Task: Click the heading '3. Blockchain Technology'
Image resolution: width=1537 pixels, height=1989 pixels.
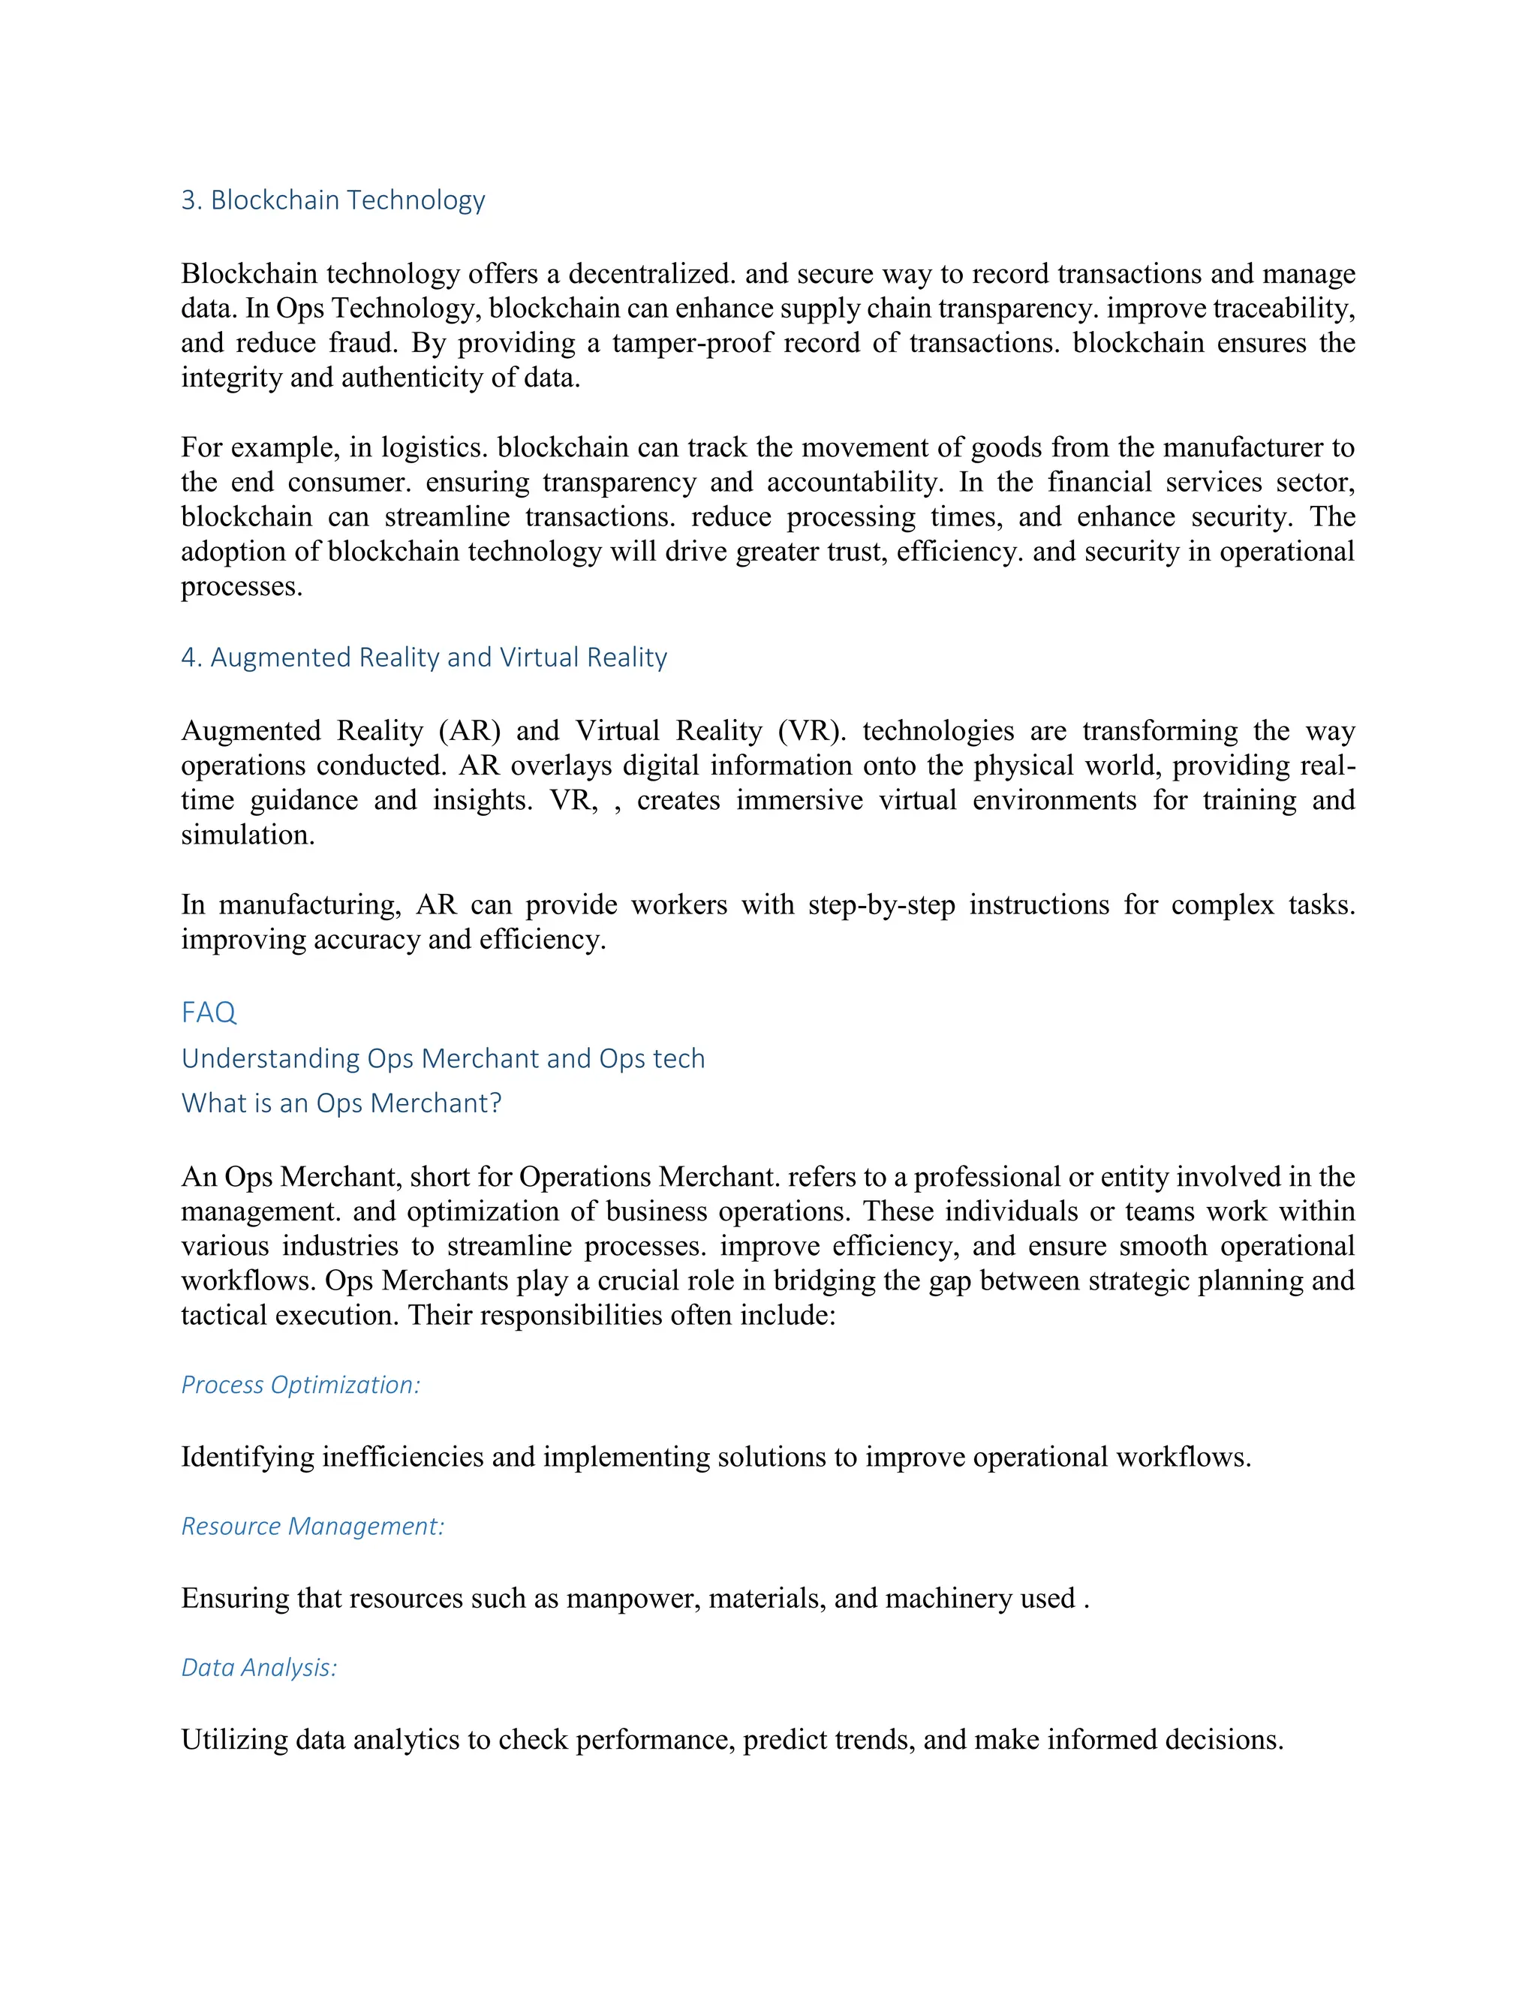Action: click(x=332, y=200)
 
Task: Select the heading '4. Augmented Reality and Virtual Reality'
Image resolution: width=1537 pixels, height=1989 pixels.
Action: click(x=423, y=657)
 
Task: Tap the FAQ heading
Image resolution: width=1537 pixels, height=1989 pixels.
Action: click(x=209, y=1012)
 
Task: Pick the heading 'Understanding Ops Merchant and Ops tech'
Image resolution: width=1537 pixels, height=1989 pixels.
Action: click(x=443, y=1058)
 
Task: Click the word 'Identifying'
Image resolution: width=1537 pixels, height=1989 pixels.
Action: click(x=248, y=1456)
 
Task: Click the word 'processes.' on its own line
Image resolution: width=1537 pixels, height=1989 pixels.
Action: click(x=242, y=585)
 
